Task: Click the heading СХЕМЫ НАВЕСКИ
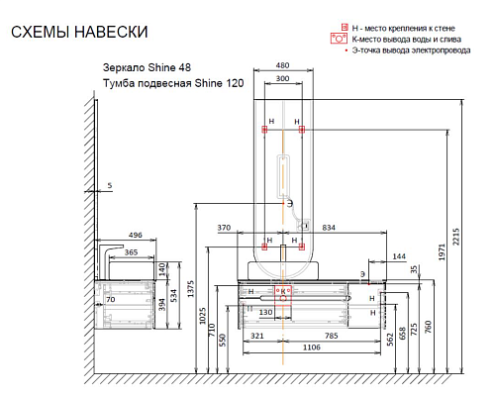pyautogui.click(x=79, y=32)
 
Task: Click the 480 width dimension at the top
pyautogui.click(x=282, y=65)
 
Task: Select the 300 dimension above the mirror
pyautogui.click(x=282, y=78)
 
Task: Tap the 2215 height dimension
pyautogui.click(x=455, y=237)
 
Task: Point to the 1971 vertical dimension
pyautogui.click(x=442, y=251)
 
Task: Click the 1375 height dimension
pyautogui.click(x=190, y=289)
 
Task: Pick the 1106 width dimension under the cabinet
pyautogui.click(x=312, y=347)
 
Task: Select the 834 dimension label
pyautogui.click(x=329, y=228)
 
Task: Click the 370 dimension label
pyautogui.click(x=224, y=228)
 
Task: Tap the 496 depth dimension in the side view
pyautogui.click(x=136, y=235)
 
